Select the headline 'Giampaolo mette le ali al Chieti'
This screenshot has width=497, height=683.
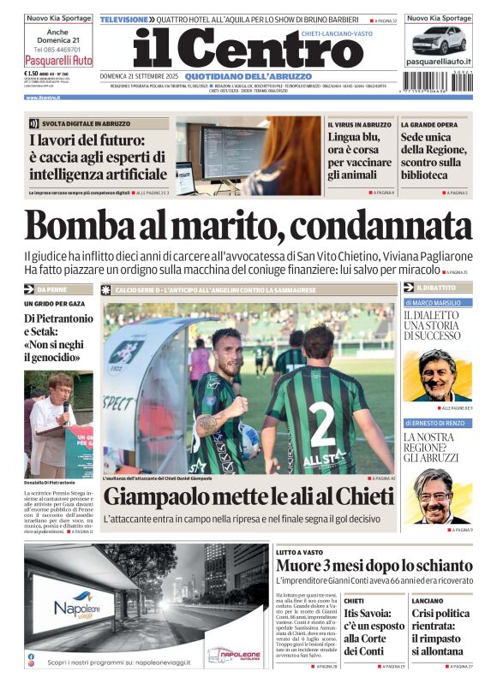click(x=248, y=496)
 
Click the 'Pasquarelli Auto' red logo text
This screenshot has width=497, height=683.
click(x=58, y=62)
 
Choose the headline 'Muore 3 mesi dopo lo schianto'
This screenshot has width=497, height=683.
click(x=374, y=566)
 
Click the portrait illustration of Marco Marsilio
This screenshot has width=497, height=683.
click(x=439, y=374)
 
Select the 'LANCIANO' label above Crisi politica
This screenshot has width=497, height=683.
click(x=428, y=601)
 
